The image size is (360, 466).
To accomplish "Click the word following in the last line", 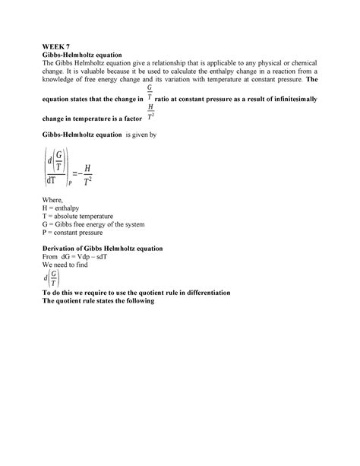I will [138, 300].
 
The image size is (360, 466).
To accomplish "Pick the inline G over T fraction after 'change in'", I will [150, 94].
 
